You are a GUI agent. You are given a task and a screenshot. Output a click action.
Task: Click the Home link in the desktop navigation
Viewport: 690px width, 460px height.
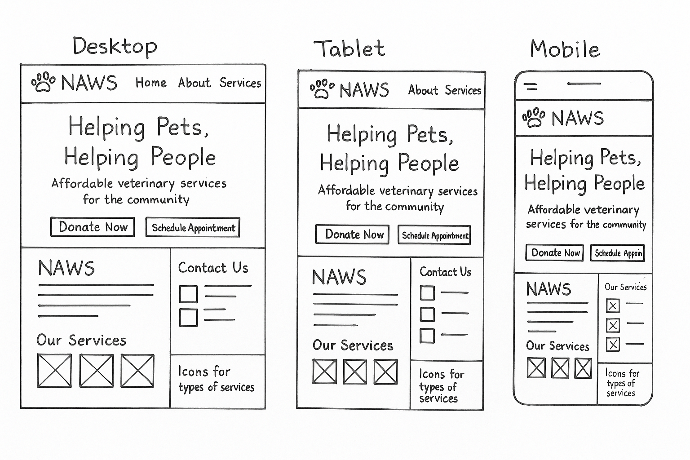click(151, 83)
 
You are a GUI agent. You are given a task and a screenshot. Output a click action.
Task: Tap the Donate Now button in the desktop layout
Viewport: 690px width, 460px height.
click(93, 227)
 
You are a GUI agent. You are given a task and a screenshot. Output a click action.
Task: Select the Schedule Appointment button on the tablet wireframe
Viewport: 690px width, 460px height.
click(434, 235)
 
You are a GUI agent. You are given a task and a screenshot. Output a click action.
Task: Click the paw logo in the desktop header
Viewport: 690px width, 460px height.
click(44, 82)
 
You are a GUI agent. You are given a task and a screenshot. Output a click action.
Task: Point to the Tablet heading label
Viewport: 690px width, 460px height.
click(349, 49)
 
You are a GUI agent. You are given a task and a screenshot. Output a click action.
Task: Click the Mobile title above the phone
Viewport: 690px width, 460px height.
click(565, 49)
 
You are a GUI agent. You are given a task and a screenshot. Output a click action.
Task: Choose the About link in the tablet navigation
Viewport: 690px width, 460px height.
click(423, 90)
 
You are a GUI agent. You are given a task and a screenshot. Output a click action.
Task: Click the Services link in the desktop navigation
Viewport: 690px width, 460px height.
click(240, 83)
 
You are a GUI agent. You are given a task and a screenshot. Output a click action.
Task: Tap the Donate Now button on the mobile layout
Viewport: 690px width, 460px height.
click(555, 253)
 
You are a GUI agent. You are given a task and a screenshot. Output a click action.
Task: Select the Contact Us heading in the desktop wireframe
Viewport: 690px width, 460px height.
click(213, 267)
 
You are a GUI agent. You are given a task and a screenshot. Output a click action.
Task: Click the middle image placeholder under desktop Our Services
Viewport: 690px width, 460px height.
click(97, 371)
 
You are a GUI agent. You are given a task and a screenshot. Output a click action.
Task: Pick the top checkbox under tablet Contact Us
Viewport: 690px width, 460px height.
click(427, 293)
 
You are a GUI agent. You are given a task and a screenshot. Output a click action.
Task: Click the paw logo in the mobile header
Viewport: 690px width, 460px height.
click(534, 117)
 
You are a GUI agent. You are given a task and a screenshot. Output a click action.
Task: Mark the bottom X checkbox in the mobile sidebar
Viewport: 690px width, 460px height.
click(613, 345)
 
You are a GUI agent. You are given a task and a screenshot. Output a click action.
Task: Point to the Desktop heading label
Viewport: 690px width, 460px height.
click(115, 47)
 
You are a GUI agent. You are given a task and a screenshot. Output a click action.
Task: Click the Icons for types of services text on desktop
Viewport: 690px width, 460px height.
click(216, 379)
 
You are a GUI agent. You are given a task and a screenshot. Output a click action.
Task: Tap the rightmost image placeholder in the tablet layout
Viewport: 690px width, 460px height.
click(385, 372)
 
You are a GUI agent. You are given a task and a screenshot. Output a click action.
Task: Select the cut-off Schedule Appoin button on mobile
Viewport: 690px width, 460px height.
click(617, 253)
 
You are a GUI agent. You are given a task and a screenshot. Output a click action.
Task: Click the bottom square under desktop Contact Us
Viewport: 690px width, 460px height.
click(188, 317)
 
